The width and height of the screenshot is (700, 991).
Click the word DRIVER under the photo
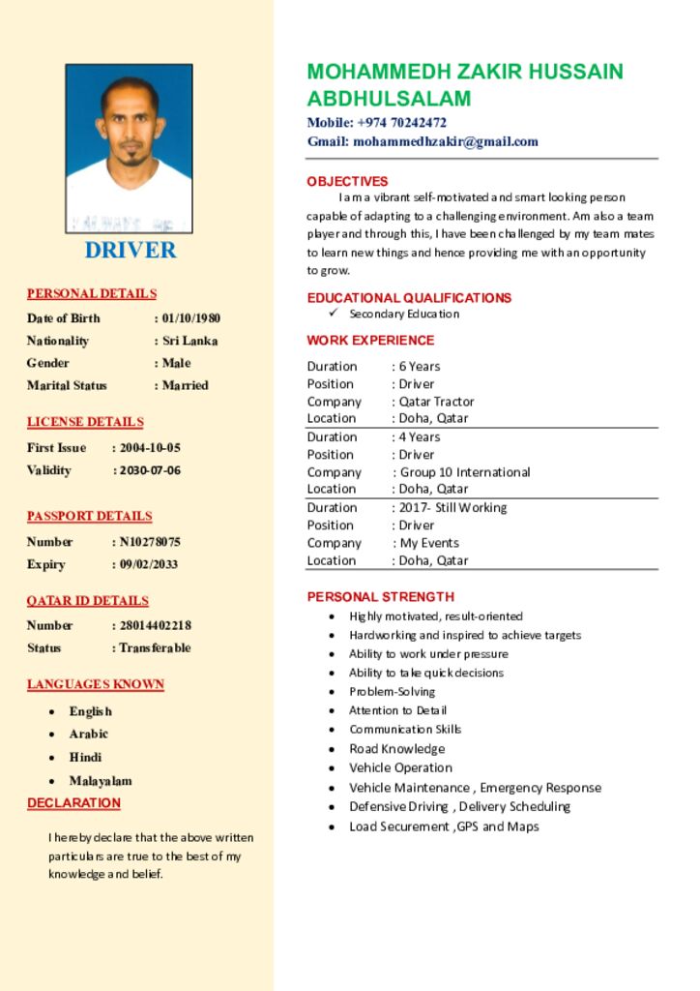point(131,250)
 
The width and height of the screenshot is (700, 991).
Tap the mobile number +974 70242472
point(401,123)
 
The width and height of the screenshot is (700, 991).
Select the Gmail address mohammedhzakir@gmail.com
point(445,141)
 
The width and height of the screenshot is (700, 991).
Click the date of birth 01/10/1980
point(191,318)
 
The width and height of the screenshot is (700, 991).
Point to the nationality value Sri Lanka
point(190,341)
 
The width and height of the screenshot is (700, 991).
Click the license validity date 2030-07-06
point(150,470)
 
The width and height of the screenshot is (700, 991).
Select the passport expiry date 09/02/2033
point(149,564)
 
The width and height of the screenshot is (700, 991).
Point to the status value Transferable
point(155,647)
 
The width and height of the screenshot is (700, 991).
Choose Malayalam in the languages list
point(101,781)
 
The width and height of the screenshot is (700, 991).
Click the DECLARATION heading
point(73,803)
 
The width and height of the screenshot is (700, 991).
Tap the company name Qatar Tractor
point(437,402)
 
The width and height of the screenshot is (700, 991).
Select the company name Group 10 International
point(465,472)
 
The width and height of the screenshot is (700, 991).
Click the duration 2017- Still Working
point(452,507)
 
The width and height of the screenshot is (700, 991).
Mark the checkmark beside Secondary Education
point(333,314)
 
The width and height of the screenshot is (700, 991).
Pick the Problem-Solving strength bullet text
point(393,692)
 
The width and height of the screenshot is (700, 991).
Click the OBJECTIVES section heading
point(347,181)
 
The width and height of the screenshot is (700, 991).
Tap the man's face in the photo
point(131,126)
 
